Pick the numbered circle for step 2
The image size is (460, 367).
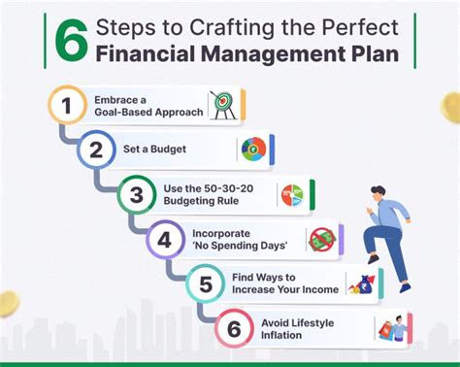(95, 150)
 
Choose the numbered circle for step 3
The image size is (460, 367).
(137, 194)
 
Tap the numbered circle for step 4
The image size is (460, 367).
(166, 239)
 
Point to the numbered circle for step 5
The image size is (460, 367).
(204, 284)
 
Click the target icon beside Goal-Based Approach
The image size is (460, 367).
(223, 105)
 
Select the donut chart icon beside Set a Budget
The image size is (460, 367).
(252, 150)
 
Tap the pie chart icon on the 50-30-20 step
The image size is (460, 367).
(291, 193)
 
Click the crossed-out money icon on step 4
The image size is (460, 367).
(320, 239)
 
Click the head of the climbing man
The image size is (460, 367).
(379, 195)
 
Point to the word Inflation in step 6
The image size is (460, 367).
(282, 335)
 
